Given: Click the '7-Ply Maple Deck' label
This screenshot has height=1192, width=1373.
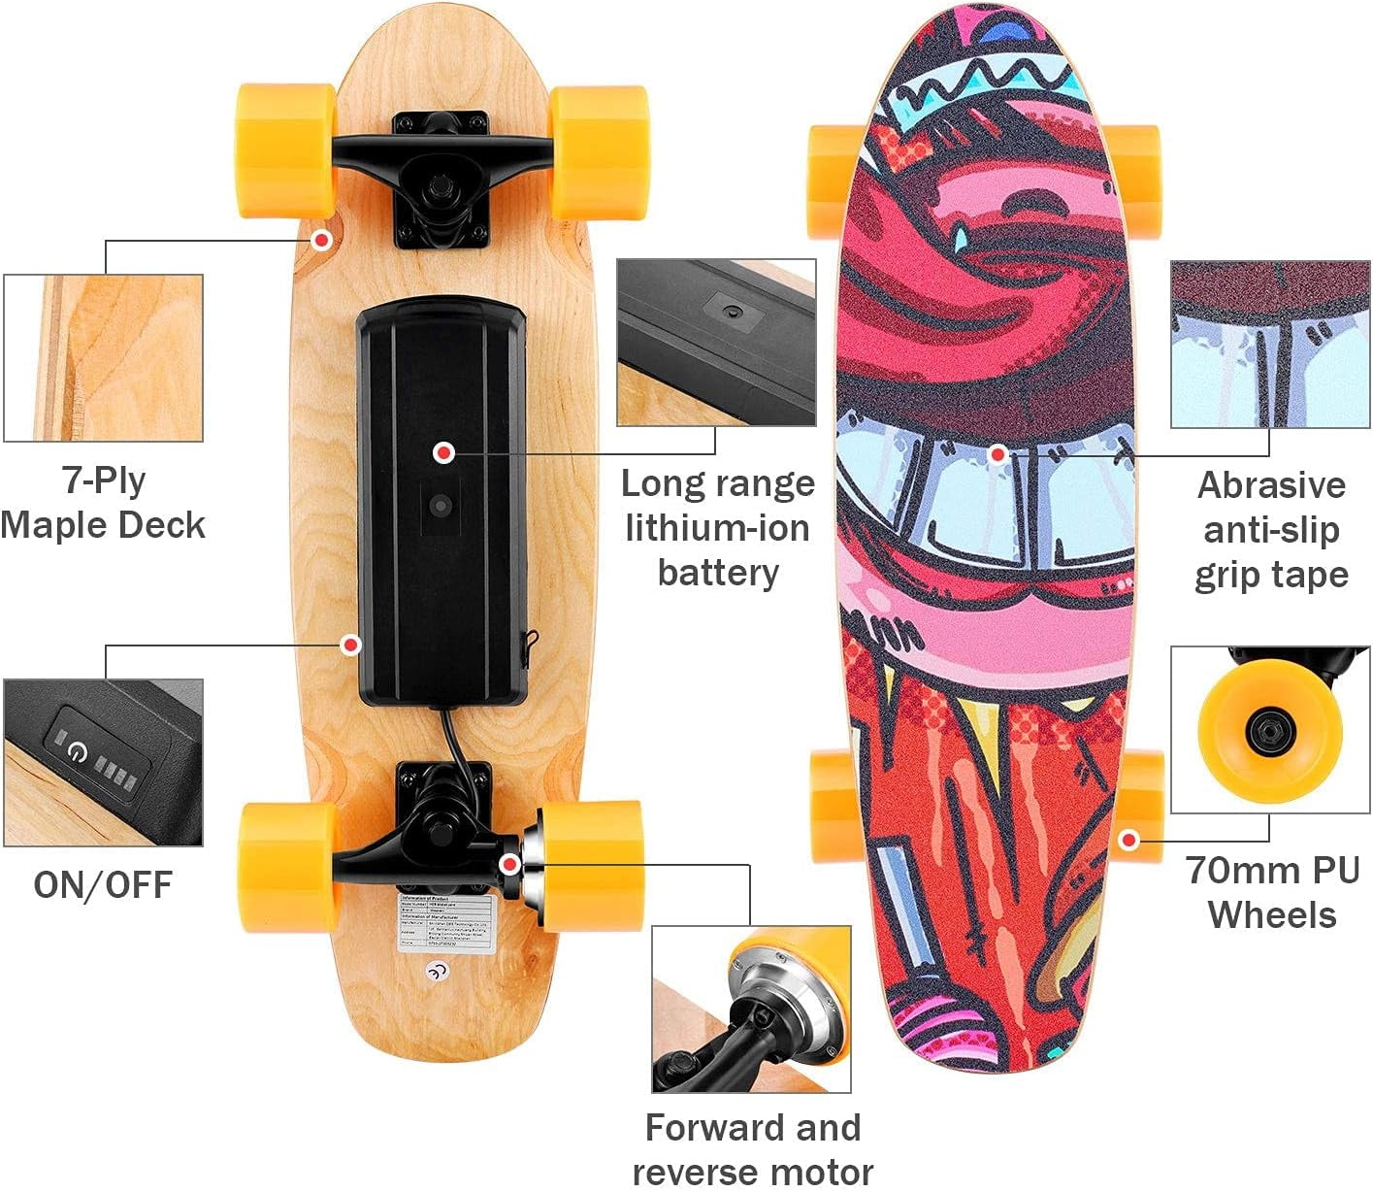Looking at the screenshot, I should click(x=103, y=503).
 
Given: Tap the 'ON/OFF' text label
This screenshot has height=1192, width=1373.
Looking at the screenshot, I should click(x=103, y=885).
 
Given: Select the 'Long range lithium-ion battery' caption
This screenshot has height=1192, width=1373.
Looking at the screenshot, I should click(x=718, y=527).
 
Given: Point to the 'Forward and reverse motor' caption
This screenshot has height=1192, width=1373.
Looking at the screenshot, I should click(x=752, y=1149).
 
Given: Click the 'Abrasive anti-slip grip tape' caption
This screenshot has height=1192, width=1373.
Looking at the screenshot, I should click(x=1271, y=530).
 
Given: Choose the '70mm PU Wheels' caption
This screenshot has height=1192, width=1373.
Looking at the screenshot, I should click(x=1272, y=893).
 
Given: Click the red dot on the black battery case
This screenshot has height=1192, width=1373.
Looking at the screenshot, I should click(x=443, y=452).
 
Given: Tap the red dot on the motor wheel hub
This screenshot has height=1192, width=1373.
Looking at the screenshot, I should click(x=508, y=863).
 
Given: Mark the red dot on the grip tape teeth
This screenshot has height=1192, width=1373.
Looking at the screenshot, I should click(x=997, y=453).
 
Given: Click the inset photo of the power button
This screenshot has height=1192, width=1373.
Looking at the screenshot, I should click(x=104, y=762).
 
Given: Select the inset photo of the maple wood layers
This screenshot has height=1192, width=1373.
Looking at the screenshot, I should click(x=104, y=357).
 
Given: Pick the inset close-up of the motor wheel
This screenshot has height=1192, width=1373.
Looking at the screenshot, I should click(x=751, y=1009).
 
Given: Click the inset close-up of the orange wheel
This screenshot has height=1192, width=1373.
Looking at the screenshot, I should click(x=1269, y=730).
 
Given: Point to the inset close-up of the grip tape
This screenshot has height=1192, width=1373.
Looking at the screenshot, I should click(x=1269, y=345).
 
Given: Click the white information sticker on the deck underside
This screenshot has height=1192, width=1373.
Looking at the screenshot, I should click(x=448, y=923).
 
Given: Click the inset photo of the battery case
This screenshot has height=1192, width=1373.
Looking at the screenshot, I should click(x=716, y=342).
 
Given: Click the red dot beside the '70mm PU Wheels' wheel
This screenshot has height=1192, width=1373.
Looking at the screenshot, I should click(x=1128, y=841).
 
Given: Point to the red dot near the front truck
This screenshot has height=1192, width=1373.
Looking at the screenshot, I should click(x=321, y=239).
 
